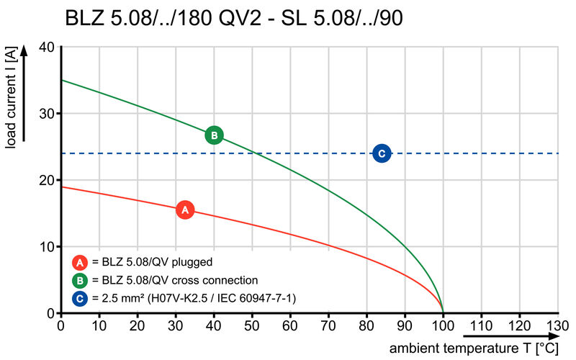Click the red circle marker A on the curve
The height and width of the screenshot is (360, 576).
pos(185,210)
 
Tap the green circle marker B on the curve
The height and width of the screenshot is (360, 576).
pos(214,135)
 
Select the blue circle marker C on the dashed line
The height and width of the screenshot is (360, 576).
pos(382,153)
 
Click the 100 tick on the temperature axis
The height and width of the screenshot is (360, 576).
pos(443,325)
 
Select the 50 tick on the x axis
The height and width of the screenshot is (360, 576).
pos(252,325)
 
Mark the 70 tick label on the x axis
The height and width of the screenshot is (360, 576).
pos(328,325)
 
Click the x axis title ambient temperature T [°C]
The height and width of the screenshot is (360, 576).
pos(474,348)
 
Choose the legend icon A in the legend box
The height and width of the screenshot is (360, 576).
pos(81,262)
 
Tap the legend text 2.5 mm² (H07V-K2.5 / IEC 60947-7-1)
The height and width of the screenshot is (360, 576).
pos(195,297)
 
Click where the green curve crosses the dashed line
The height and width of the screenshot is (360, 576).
pos(253,153)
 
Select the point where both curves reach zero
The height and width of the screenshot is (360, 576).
pos(443,312)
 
